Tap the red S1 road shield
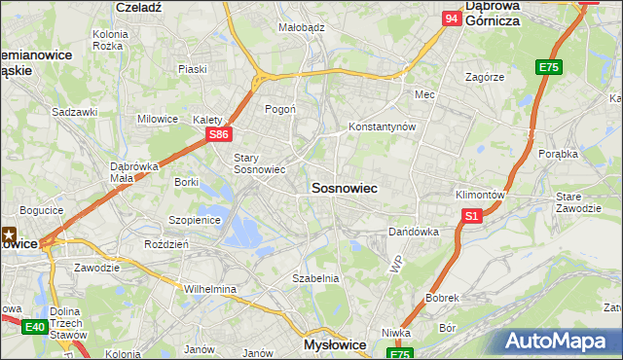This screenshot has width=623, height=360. click(x=472, y=216)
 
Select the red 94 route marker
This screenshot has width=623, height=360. click(x=450, y=18)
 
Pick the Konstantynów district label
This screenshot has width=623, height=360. click(x=383, y=127)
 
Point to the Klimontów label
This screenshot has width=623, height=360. click(x=480, y=195)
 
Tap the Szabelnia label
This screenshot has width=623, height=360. click(x=315, y=278)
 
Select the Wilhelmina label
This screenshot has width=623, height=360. click(x=211, y=289)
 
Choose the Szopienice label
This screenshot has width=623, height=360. click(x=196, y=220)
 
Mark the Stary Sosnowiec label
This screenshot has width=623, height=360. click(x=259, y=162)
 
